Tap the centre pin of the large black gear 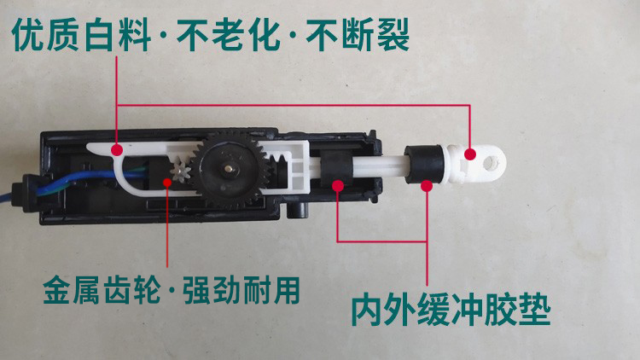[228, 168]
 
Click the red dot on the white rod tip [470, 154]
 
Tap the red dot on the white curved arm [117, 150]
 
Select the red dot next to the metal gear [167, 182]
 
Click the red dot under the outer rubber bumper [427, 186]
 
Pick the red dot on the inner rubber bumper [338, 186]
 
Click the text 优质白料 [81, 36]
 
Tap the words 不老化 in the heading [228, 36]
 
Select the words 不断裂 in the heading [358, 36]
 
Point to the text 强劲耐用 [241, 290]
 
